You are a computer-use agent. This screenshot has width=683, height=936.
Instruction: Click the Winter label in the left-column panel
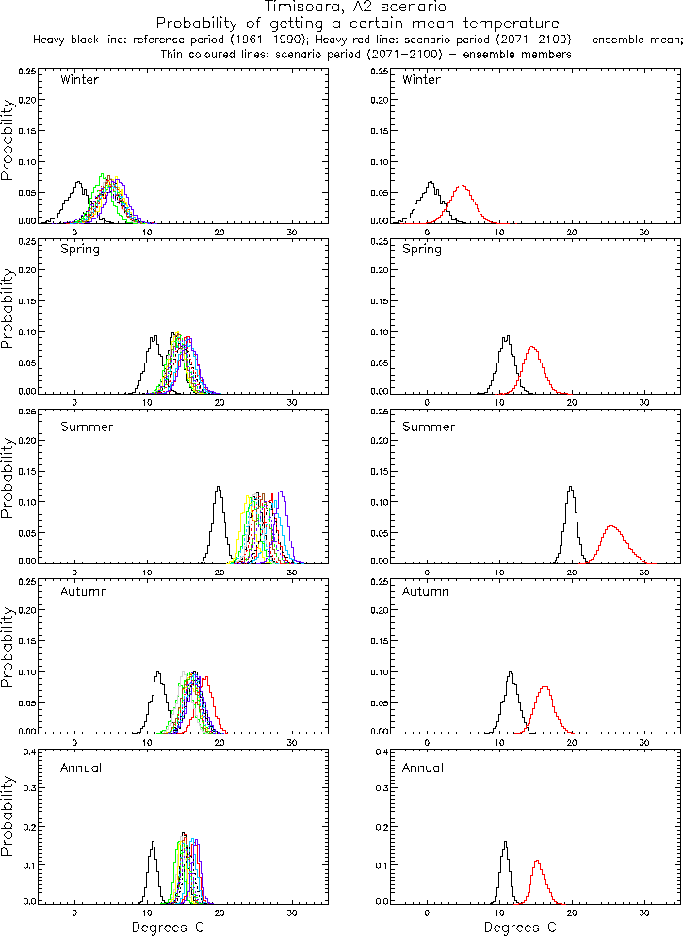[79, 80]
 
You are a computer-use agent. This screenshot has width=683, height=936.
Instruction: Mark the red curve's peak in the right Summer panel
[611, 526]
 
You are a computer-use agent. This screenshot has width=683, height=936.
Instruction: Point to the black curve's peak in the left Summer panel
[219, 488]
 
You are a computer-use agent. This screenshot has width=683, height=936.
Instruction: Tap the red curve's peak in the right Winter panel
[462, 186]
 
